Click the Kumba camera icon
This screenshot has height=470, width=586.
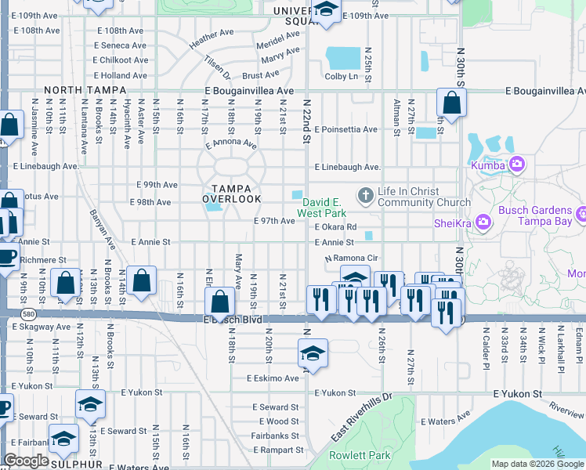[516, 164]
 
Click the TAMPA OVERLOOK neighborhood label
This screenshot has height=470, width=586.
[232, 193]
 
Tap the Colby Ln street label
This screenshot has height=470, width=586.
[341, 76]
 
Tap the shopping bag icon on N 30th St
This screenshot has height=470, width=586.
[452, 103]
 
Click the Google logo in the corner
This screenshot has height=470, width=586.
[26, 461]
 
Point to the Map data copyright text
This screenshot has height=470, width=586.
[537, 464]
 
